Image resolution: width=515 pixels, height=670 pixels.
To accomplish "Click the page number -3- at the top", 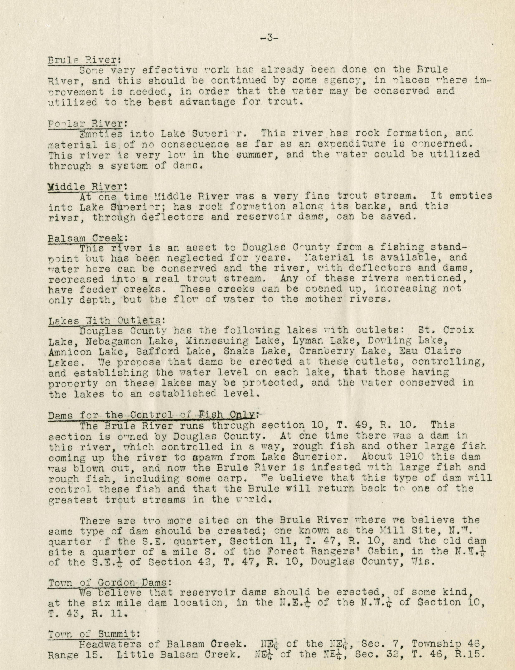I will tap(269, 38).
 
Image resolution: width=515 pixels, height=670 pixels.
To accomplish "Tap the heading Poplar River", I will tap(87, 123).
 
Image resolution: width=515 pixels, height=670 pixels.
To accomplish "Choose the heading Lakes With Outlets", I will tap(106, 321).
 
